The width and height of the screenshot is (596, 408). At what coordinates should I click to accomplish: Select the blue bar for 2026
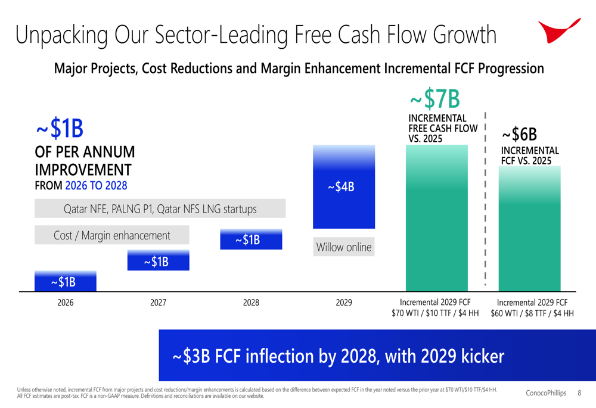65,281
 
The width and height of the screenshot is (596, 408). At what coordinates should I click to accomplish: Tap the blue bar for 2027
158,260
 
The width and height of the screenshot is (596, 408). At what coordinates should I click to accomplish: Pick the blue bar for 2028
251,239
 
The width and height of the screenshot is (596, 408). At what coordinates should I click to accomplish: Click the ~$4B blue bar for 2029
344,187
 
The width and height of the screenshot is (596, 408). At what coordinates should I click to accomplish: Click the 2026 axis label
65,303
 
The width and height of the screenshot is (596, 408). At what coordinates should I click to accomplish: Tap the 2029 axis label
344,303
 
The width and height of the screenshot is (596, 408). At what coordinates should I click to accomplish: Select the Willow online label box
344,247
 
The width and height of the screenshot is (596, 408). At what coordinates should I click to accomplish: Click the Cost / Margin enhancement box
112,235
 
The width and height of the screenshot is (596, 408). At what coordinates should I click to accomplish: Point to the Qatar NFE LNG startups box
160,209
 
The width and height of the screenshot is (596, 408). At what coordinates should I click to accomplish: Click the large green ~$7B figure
436,99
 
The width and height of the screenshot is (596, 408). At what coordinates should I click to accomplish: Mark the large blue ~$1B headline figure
59,128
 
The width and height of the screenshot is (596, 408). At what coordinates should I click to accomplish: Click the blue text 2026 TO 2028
96,185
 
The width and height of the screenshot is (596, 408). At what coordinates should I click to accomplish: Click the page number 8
580,393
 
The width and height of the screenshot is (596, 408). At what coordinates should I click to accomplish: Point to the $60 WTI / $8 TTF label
532,313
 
